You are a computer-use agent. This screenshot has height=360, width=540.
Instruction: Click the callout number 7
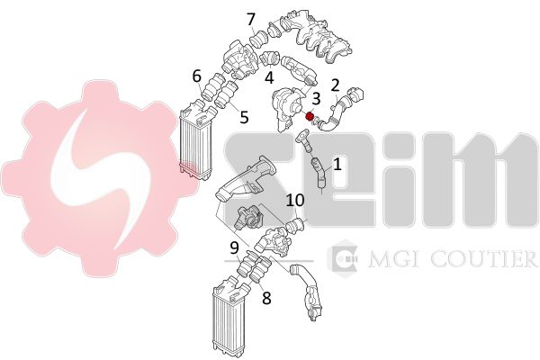pyautogui.click(x=252, y=19)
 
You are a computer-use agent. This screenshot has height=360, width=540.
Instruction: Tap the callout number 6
pyautogui.click(x=196, y=76)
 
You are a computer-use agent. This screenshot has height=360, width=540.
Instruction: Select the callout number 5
pyautogui.click(x=244, y=117)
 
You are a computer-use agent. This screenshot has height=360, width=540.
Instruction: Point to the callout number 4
pyautogui.click(x=269, y=77)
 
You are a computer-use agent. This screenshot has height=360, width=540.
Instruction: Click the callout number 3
pyautogui.click(x=316, y=98)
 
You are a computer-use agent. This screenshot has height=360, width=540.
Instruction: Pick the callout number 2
pyautogui.click(x=335, y=85)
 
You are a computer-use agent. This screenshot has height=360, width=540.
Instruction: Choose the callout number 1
pyautogui.click(x=337, y=165)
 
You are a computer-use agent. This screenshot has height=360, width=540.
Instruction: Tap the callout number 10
pyautogui.click(x=295, y=200)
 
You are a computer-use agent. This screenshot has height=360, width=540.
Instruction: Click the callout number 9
pyautogui.click(x=235, y=247)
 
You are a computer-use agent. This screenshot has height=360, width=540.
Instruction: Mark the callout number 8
pyautogui.click(x=266, y=298)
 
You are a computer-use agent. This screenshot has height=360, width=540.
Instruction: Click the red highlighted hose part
pyautogui.click(x=310, y=116)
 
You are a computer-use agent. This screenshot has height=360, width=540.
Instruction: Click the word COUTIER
pyautogui.click(x=480, y=259)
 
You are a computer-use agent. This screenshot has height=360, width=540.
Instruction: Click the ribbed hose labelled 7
pyautogui.click(x=258, y=39)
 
